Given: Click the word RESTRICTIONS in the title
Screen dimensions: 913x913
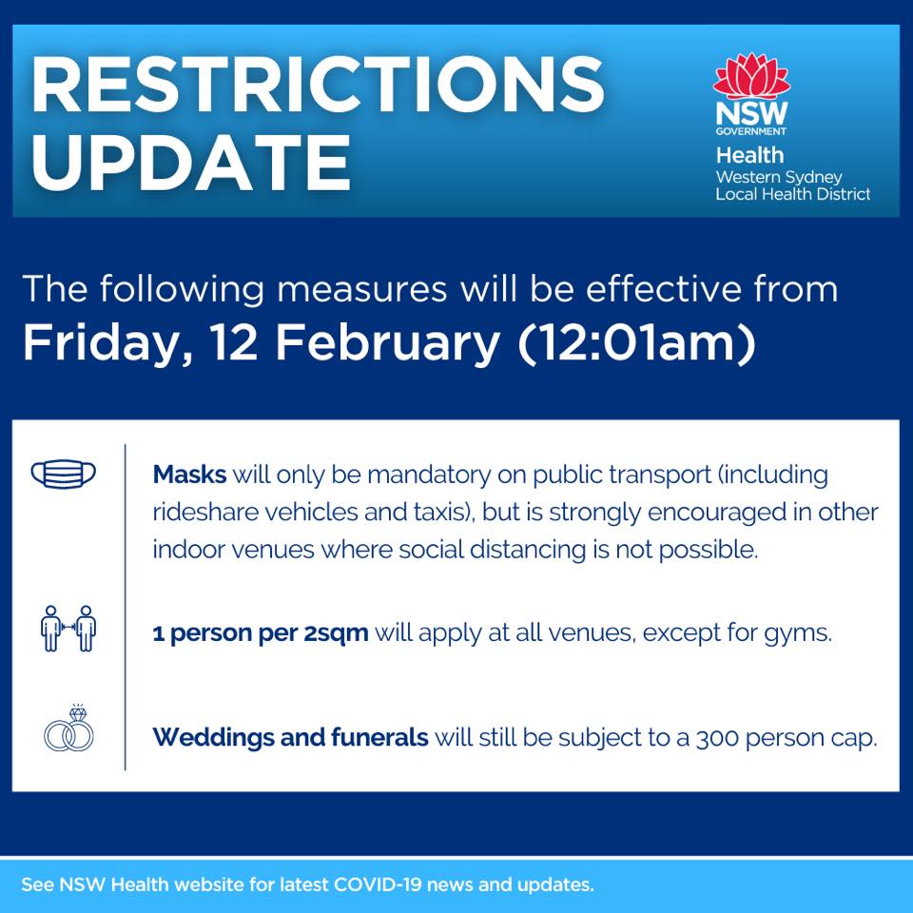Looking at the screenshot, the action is (x=319, y=84).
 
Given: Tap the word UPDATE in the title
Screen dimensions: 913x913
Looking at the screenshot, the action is (x=191, y=162).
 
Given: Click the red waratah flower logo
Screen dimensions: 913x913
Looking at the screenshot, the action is (x=751, y=76).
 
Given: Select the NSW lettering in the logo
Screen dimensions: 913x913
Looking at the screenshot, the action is (x=751, y=113).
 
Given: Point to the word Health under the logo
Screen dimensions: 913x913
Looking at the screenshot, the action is (x=750, y=155).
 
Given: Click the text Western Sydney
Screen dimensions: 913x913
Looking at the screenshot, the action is (x=779, y=177).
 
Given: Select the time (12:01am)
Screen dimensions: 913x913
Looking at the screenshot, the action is (x=636, y=342).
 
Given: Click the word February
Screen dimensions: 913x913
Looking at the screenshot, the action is (x=387, y=342).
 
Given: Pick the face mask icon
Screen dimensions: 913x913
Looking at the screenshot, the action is (x=64, y=474).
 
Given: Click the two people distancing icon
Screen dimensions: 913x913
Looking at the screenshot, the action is (x=68, y=629).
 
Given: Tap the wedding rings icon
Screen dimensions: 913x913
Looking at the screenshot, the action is (x=68, y=728).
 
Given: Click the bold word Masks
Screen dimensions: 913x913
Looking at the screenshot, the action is (x=189, y=475).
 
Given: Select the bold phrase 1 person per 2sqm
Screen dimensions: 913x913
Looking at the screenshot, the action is (x=261, y=633).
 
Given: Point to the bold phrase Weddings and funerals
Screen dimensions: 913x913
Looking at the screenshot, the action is (x=291, y=738).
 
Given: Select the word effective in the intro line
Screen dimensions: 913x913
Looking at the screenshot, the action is (x=663, y=288).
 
